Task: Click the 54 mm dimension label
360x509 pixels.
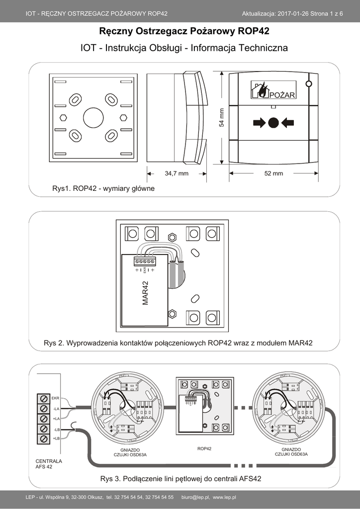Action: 222,117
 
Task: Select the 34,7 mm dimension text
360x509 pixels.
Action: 177,173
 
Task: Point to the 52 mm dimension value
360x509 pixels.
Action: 273,173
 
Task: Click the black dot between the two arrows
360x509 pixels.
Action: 273,122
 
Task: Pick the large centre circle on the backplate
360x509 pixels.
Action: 93,117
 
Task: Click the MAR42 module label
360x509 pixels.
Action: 146,293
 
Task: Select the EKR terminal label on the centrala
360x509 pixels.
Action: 55,398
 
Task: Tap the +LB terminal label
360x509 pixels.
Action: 56,438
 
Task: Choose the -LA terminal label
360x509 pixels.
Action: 56,409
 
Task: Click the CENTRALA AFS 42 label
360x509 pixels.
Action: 49,464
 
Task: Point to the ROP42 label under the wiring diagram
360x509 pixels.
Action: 204,448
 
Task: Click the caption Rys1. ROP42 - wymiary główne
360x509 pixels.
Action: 103,189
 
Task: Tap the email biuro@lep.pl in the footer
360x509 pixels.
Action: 195,497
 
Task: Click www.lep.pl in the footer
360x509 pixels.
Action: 224,497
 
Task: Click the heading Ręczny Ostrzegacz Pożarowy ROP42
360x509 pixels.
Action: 184,32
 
